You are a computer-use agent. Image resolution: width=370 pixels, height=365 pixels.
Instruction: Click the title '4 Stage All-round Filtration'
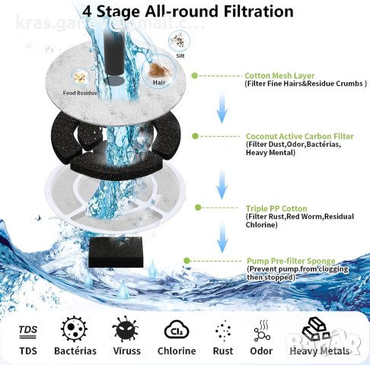187,12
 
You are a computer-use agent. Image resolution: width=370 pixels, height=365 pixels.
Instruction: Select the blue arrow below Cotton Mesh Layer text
222,109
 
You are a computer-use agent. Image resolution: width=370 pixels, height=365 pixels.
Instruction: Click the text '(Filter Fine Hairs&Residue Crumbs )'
305,84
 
